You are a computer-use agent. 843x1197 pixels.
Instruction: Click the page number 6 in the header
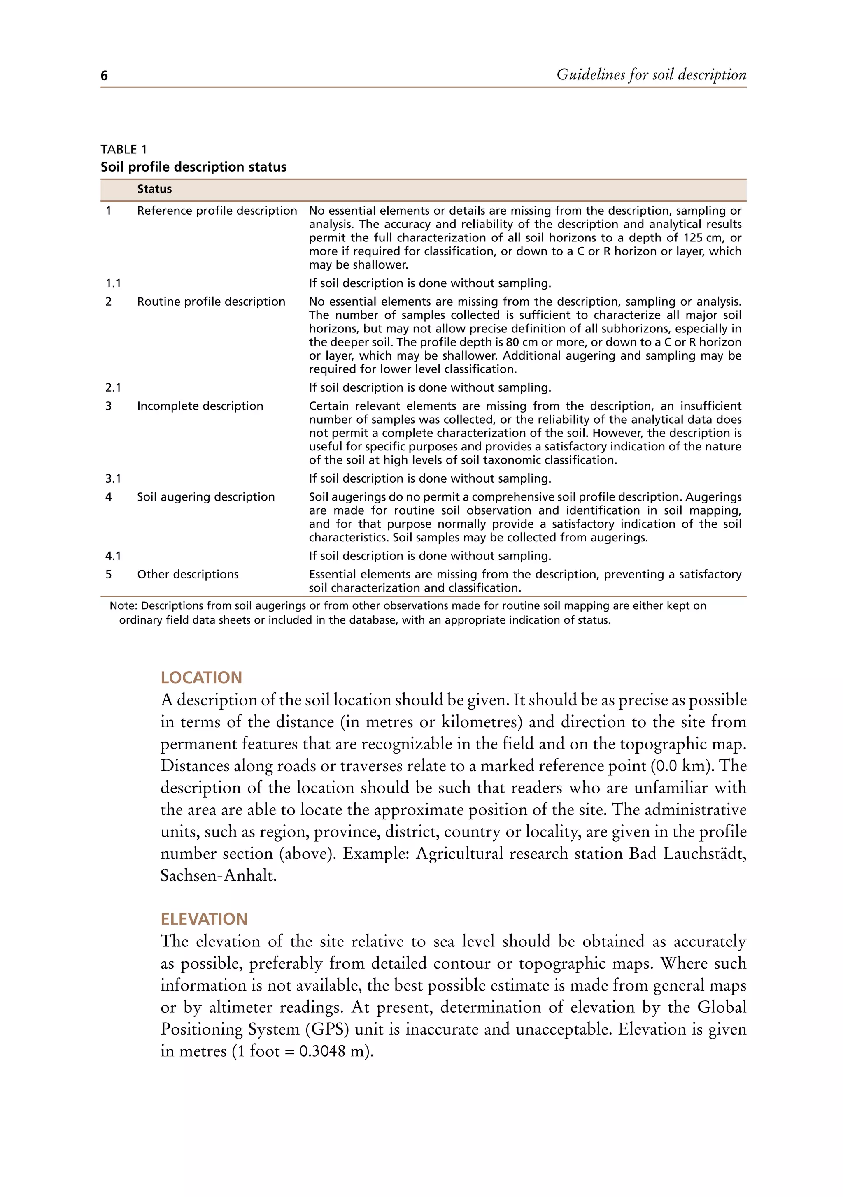pyautogui.click(x=104, y=76)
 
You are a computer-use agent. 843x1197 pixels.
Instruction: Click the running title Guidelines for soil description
pyautogui.click(x=651, y=74)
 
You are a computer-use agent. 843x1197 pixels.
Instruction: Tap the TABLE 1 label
pyautogui.click(x=123, y=150)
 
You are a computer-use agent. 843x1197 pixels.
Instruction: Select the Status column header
pyautogui.click(x=154, y=189)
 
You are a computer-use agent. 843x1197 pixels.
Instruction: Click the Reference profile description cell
pyautogui.click(x=217, y=211)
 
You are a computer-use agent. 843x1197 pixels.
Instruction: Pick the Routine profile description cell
pyautogui.click(x=211, y=302)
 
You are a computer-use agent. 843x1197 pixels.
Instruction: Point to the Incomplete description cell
pyautogui.click(x=200, y=406)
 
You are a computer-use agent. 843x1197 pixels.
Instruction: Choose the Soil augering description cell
pyautogui.click(x=205, y=497)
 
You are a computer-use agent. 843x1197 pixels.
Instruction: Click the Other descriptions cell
pyautogui.click(x=187, y=575)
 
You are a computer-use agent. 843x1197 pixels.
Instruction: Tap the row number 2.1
pyautogui.click(x=113, y=388)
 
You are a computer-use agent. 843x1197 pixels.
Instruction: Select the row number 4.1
pyautogui.click(x=113, y=556)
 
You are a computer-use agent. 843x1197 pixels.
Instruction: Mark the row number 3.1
pyautogui.click(x=113, y=478)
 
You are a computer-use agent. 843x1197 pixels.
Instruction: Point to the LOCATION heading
pyautogui.click(x=201, y=678)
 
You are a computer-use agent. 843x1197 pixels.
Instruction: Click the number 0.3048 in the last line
pyautogui.click(x=322, y=1051)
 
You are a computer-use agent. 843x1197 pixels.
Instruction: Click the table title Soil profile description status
pyautogui.click(x=193, y=167)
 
